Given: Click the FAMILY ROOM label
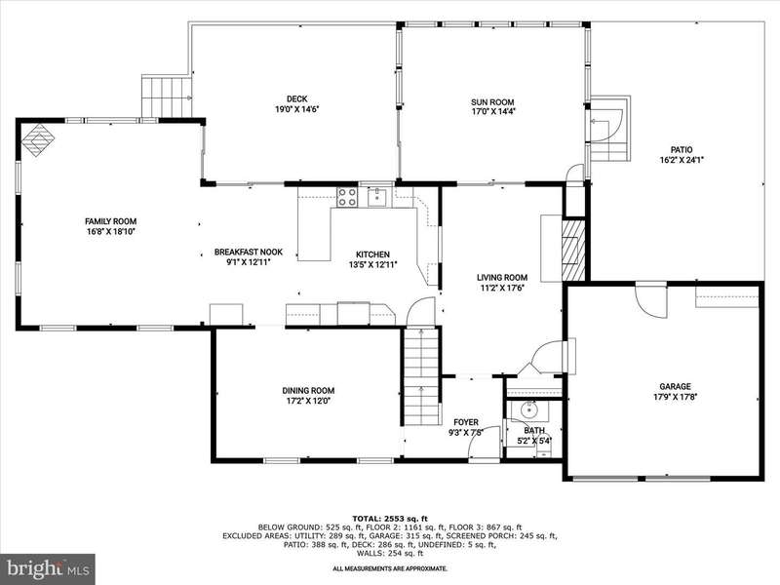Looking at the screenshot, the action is [x=110, y=221].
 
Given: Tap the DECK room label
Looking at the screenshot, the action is [x=297, y=99].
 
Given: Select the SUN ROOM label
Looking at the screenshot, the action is [x=492, y=102].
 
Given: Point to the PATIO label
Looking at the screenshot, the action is [x=681, y=150].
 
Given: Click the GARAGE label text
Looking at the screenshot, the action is [x=675, y=386].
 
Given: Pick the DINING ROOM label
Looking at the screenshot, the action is [x=308, y=391].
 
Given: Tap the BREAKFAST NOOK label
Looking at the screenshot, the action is [x=249, y=252].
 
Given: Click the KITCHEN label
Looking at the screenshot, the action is [x=372, y=254].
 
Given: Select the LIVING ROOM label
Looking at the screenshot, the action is [x=502, y=277].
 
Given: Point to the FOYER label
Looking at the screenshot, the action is [x=466, y=422].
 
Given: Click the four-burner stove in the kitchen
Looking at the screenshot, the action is [x=347, y=197].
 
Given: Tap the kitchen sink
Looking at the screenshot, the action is [x=377, y=197].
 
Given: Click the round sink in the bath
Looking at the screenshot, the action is [x=528, y=409].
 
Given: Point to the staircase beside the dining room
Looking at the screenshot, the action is [x=421, y=376].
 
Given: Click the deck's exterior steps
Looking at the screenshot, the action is [x=166, y=96].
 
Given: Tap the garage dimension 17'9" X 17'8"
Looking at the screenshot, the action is [x=675, y=397].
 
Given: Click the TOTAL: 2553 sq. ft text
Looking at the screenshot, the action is [x=390, y=518].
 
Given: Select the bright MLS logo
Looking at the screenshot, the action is [x=47, y=567].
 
